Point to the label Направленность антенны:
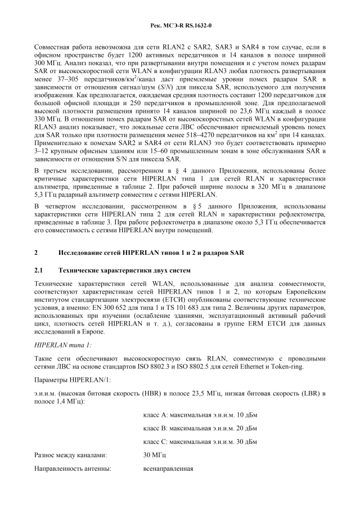coord(73,468)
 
